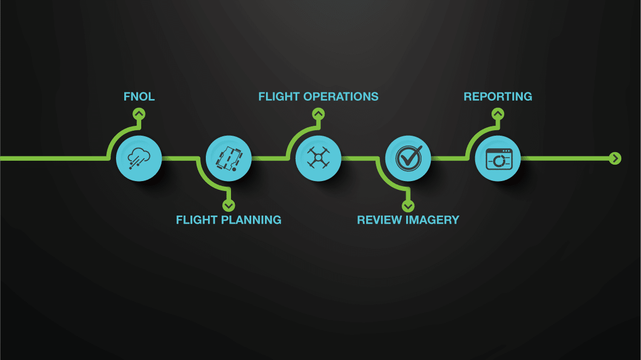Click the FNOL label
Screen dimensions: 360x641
[x=139, y=97]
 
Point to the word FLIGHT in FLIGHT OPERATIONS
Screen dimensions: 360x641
[x=279, y=97]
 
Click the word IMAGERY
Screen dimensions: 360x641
[x=432, y=220]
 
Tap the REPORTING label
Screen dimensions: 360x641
[x=498, y=97]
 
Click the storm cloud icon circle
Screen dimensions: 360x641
[x=139, y=158]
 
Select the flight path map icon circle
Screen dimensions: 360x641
[x=229, y=158]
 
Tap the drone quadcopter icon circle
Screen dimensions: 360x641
[x=318, y=158]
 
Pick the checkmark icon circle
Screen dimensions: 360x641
[x=408, y=158]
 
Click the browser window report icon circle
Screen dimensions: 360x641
[x=498, y=158]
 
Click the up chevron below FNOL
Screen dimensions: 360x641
[x=139, y=114]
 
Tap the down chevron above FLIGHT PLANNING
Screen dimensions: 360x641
[x=229, y=205]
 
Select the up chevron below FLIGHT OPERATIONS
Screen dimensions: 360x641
[x=318, y=114]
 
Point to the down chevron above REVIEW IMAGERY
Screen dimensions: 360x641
[x=408, y=206]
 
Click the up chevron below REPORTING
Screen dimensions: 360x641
[x=498, y=114]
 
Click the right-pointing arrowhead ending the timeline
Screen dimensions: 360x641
[x=615, y=158]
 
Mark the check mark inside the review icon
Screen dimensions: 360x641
[x=409, y=157]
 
